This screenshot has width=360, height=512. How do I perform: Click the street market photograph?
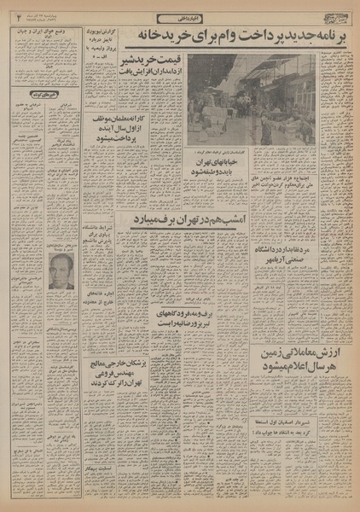pyautogui.click(x=251, y=100)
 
